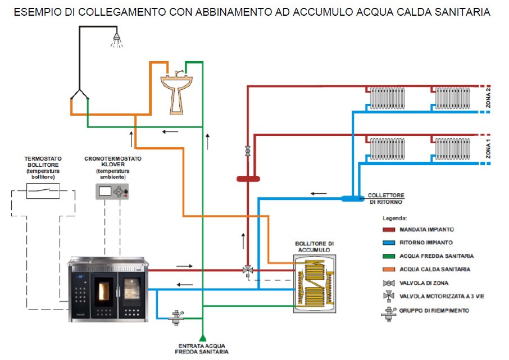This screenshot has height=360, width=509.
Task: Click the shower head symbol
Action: (x=116, y=40)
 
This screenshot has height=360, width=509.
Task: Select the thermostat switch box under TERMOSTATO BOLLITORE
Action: (x=43, y=191)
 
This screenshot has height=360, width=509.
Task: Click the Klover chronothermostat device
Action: (x=112, y=192)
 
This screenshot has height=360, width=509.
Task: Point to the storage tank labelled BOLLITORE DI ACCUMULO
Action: (x=315, y=284)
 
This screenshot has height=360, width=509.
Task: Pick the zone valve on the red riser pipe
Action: (x=248, y=151)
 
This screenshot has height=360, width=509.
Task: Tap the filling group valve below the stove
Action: (x=176, y=317)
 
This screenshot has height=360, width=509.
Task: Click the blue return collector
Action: (x=352, y=198)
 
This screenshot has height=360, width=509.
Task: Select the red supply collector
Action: (x=248, y=179)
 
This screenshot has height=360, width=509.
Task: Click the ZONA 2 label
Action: (x=488, y=98)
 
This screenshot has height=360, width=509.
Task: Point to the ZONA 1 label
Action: (x=488, y=149)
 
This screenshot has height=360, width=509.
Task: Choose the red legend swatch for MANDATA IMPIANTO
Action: (x=389, y=230)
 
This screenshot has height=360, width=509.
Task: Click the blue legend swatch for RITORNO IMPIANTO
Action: (x=389, y=243)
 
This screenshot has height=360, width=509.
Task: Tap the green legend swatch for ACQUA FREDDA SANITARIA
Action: (x=389, y=256)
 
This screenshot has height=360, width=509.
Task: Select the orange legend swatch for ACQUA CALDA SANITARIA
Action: (x=389, y=269)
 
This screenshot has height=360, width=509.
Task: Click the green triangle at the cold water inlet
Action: (x=203, y=338)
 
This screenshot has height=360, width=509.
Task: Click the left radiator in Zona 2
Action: (x=388, y=98)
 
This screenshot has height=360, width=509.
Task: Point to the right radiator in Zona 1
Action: (x=452, y=149)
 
